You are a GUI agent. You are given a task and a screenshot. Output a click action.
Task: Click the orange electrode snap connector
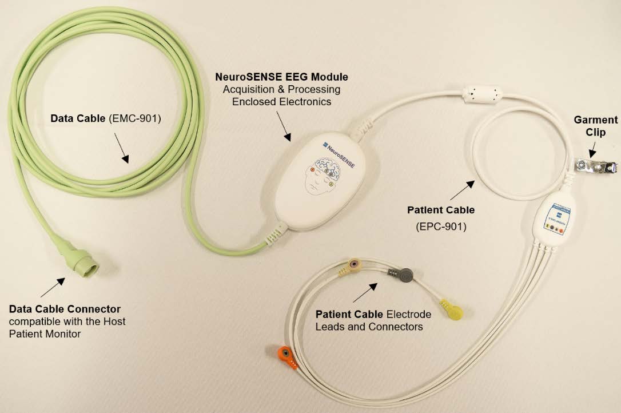coord(286,357)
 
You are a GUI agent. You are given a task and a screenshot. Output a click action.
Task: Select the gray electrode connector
coord(404,275)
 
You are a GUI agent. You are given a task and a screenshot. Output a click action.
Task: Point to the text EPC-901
coord(441,227)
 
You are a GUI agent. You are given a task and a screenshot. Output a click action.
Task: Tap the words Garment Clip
coord(596,126)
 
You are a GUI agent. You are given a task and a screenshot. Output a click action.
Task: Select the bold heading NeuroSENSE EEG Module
coord(281,77)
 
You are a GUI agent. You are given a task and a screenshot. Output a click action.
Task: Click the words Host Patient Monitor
coord(67,327)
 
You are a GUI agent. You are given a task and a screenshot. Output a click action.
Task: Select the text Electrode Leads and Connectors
coord(373,321)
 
